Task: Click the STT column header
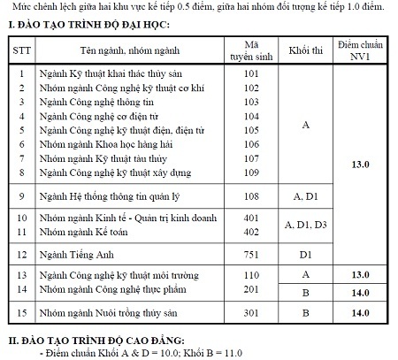point(21,50)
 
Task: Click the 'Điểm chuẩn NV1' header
point(360,43)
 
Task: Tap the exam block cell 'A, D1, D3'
point(305,225)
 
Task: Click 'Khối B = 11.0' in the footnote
point(188,352)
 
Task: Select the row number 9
point(21,194)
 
